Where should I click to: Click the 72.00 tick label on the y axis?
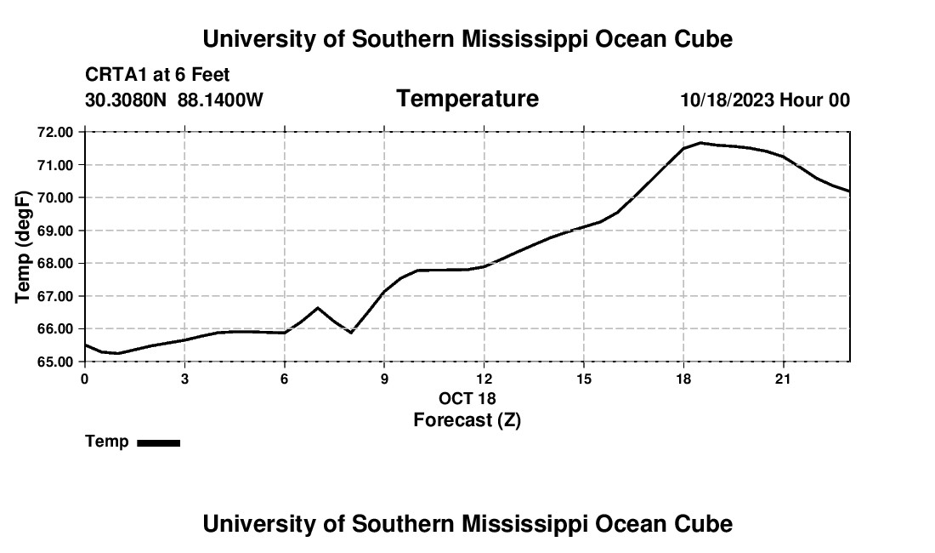(x=55, y=132)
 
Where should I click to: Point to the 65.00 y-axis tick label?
(x=55, y=362)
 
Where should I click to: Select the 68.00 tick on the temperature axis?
(x=55, y=263)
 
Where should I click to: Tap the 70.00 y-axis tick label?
(x=55, y=197)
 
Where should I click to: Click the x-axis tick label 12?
(x=484, y=379)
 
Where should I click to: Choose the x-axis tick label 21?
(x=783, y=379)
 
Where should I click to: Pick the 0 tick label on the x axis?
(x=85, y=379)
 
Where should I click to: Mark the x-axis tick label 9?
(x=384, y=379)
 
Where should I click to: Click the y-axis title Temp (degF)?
(x=23, y=247)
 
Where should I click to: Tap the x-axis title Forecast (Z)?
(x=467, y=420)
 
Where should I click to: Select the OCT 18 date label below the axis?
(x=467, y=398)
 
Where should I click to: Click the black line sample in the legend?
(x=159, y=442)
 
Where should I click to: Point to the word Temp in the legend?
(x=107, y=442)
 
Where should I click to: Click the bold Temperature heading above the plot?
(x=467, y=99)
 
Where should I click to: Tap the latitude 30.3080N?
(x=126, y=100)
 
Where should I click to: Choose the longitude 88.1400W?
(x=220, y=100)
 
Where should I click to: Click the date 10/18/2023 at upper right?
(x=728, y=100)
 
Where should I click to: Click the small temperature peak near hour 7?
(x=318, y=308)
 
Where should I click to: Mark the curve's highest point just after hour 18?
(x=700, y=143)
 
